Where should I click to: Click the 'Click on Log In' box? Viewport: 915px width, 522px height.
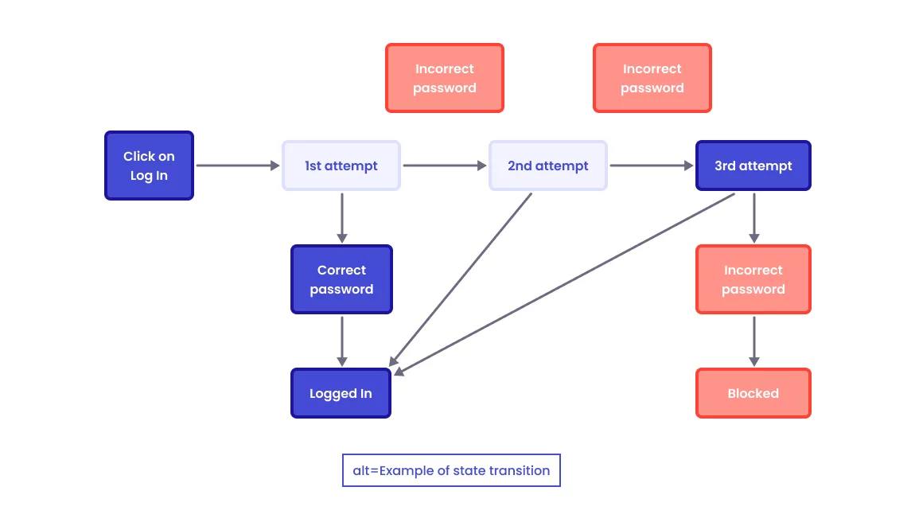pyautogui.click(x=149, y=166)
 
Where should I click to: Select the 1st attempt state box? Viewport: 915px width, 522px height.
pyautogui.click(x=341, y=166)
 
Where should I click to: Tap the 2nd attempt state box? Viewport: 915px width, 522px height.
pyautogui.click(x=548, y=166)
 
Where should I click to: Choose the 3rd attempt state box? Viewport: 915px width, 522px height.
pyautogui.click(x=753, y=166)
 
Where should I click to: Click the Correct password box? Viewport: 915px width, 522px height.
pyautogui.click(x=341, y=279)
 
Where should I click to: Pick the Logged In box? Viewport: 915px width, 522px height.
pyautogui.click(x=341, y=393)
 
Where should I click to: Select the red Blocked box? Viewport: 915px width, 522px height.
pyautogui.click(x=753, y=393)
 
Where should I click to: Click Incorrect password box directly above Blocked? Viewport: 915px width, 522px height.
pyautogui.click(x=753, y=279)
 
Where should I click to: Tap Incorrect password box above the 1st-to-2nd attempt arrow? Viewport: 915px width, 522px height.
pyautogui.click(x=445, y=78)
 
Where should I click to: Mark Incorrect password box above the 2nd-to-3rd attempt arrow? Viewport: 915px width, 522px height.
pyautogui.click(x=652, y=78)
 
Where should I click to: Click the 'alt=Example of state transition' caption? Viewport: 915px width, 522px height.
pyautogui.click(x=451, y=470)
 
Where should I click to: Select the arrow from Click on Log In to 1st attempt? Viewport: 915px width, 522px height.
pyautogui.click(x=237, y=166)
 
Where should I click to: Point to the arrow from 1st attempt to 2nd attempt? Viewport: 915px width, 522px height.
pyautogui.click(x=444, y=166)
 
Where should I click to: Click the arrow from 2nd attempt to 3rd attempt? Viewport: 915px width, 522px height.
pyautogui.click(x=651, y=166)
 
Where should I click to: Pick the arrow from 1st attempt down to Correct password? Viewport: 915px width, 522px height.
pyautogui.click(x=342, y=216)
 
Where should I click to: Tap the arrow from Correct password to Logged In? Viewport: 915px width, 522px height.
pyautogui.click(x=342, y=341)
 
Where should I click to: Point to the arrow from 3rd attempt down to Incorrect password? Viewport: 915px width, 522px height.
pyautogui.click(x=754, y=216)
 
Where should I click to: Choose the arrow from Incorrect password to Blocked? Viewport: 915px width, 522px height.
pyautogui.click(x=754, y=341)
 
